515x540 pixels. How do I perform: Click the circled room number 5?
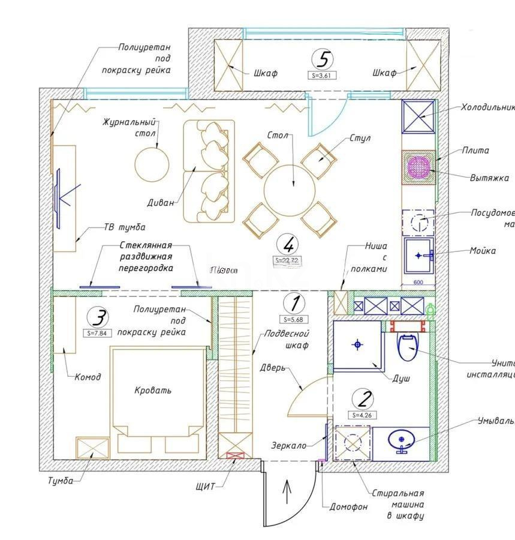323,60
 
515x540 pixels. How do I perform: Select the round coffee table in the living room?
152,164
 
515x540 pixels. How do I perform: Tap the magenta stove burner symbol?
418,165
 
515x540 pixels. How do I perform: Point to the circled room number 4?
289,244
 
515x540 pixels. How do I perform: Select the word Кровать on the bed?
153,390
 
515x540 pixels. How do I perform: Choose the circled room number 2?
363,399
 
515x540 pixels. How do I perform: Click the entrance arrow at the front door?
287,493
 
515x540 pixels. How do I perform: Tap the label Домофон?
348,507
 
